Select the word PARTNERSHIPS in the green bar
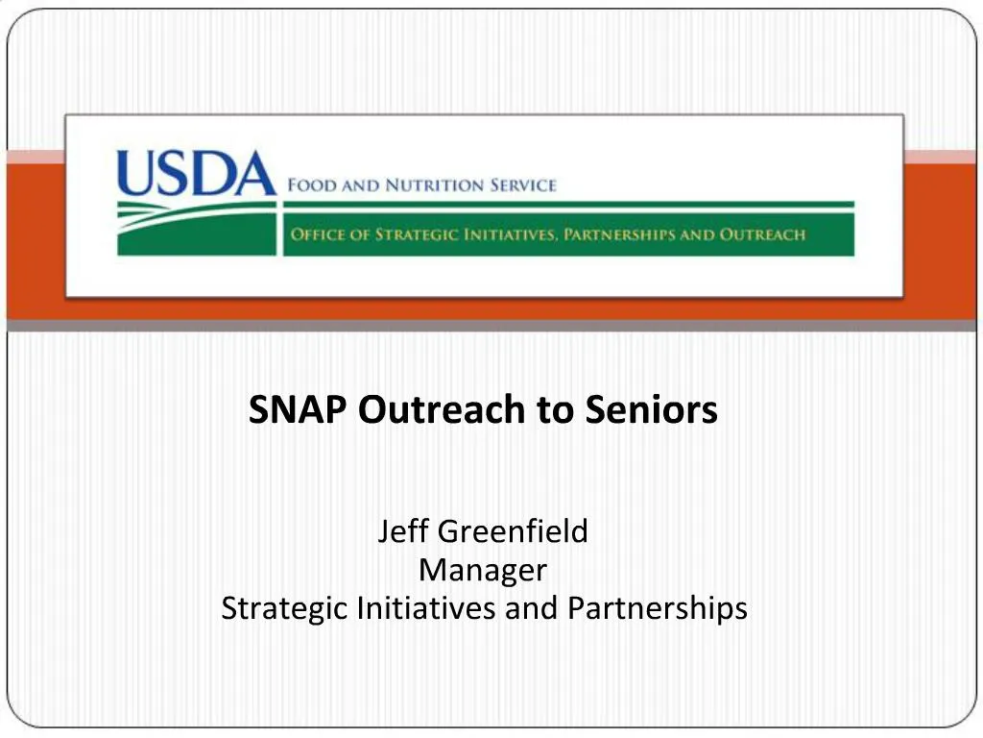click(619, 234)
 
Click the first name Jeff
click(403, 530)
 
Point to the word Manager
click(483, 570)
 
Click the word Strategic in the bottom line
click(285, 609)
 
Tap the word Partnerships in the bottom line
click(657, 609)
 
